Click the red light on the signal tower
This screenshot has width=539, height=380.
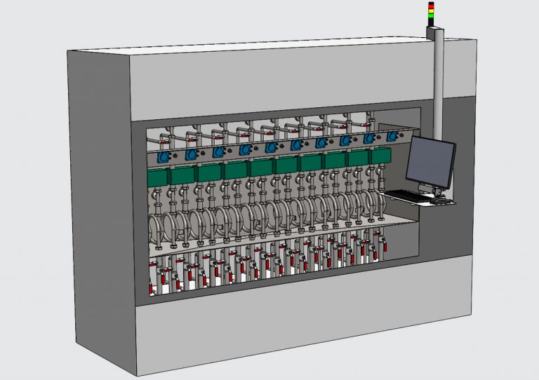click(x=432, y=6)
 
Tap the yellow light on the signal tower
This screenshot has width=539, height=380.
click(x=432, y=11)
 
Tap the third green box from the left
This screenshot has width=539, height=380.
click(x=208, y=172)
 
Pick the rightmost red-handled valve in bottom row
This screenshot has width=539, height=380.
click(x=384, y=246)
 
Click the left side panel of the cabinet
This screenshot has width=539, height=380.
click(x=98, y=203)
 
